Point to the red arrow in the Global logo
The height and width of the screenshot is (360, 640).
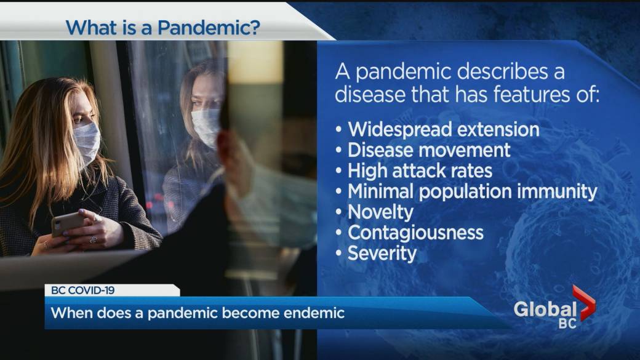point(583,302)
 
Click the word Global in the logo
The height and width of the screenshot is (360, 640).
point(545,310)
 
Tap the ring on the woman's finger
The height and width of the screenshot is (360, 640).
point(94,239)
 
